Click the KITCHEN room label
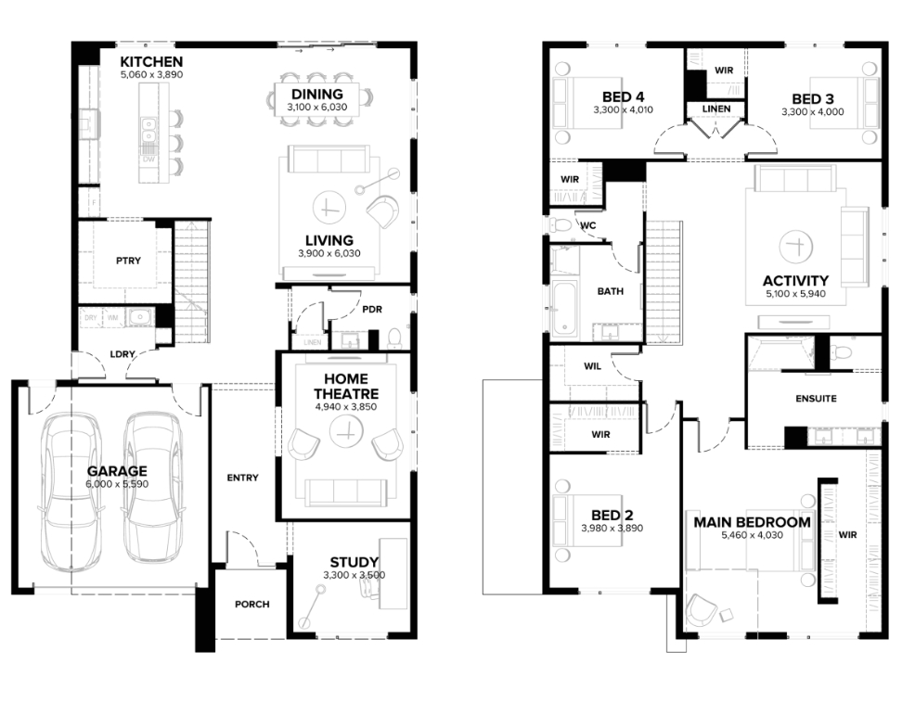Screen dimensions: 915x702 [x=151, y=62]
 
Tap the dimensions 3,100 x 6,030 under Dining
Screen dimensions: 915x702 [x=316, y=108]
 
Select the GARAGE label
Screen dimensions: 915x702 [x=117, y=471]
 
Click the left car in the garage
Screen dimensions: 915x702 [x=70, y=492]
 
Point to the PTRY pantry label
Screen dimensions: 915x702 [x=128, y=261]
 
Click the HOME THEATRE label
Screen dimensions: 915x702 [x=346, y=387]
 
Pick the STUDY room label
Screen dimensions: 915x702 [x=354, y=562]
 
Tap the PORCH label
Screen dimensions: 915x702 [x=252, y=605]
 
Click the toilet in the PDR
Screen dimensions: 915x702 [x=394, y=338]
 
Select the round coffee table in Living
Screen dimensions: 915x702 [x=329, y=207]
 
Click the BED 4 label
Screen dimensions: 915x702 [x=624, y=96]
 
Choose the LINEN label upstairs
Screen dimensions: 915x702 [x=716, y=109]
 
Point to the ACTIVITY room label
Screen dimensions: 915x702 [x=795, y=280]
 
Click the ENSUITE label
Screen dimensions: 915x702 [x=816, y=399]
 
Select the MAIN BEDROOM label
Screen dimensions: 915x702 [x=752, y=522]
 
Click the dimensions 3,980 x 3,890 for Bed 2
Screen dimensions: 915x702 [x=612, y=529]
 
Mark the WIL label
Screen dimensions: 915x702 [x=592, y=366]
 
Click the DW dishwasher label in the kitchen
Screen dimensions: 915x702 [x=148, y=160]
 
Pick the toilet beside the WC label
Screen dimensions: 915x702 [x=561, y=224]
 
